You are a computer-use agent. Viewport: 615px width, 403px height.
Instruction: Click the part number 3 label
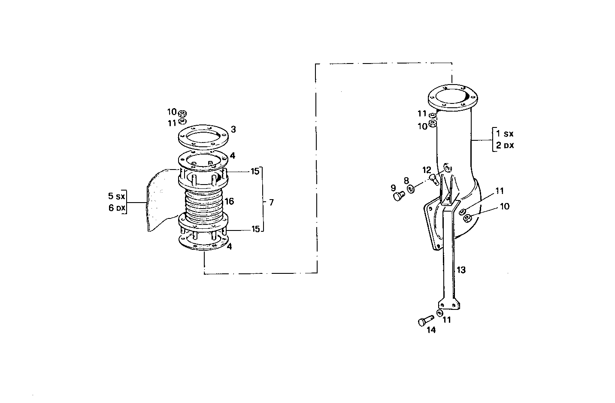(x=233, y=129)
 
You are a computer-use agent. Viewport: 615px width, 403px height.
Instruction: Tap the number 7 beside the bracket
(x=271, y=202)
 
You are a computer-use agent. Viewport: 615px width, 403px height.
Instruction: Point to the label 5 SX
(x=115, y=197)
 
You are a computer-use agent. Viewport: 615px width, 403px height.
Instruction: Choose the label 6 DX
(x=116, y=209)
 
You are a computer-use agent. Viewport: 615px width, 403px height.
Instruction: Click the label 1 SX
(x=505, y=133)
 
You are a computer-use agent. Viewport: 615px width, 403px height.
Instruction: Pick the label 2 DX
(x=505, y=145)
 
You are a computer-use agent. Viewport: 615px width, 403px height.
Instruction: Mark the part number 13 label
(x=461, y=270)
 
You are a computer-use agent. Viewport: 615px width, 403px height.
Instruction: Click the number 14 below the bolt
(x=431, y=330)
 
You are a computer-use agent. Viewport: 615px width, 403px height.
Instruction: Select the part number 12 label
(x=426, y=170)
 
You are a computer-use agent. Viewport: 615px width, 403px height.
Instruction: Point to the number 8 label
(x=406, y=181)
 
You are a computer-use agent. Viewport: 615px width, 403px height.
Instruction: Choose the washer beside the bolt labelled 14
(x=439, y=313)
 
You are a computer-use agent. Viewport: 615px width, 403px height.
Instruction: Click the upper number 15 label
(x=255, y=171)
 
